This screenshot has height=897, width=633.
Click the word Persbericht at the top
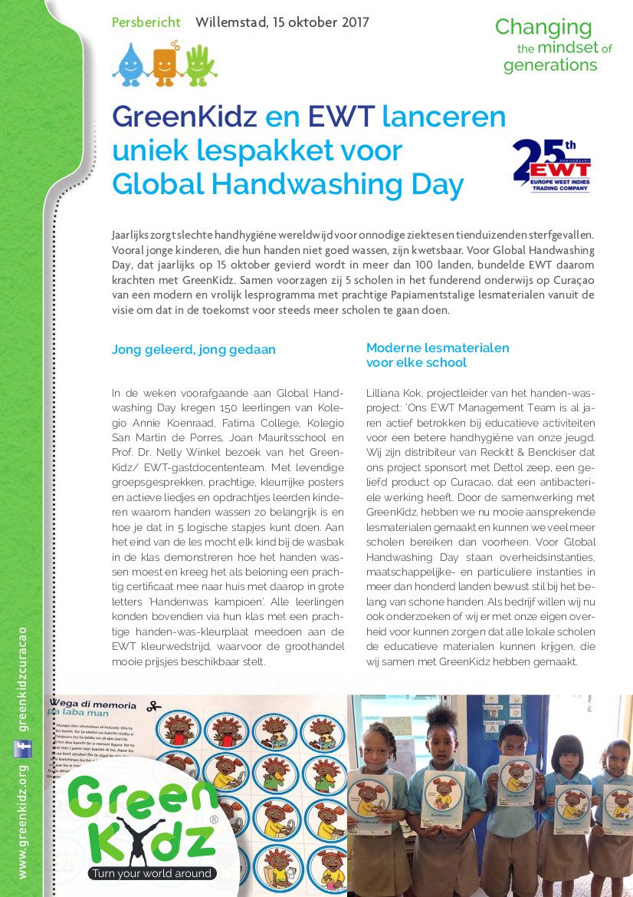pos(146,22)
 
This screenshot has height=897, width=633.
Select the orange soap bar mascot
pos(164,64)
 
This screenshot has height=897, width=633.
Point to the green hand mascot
pos(200,64)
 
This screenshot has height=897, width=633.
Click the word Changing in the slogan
pos(543,28)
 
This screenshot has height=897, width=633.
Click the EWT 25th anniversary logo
pos(552,165)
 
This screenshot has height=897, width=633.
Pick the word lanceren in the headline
pos(444,117)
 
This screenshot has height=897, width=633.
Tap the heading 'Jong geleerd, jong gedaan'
pos(194,349)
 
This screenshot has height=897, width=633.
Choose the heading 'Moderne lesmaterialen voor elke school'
pos(438,355)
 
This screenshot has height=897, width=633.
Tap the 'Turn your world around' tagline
pos(151,873)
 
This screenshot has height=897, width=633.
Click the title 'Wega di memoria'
pos(93,704)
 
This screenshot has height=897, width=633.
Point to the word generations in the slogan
pos(549,65)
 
